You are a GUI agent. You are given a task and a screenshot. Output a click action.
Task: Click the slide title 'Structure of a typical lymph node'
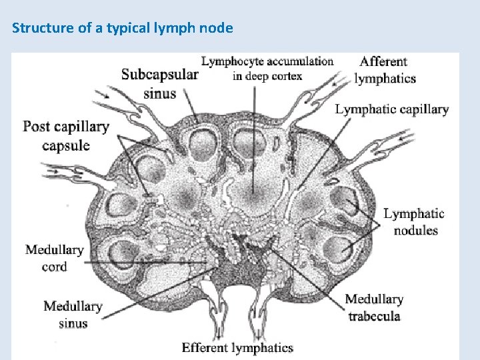(123, 29)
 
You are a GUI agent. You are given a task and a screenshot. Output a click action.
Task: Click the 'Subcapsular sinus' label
(159, 83)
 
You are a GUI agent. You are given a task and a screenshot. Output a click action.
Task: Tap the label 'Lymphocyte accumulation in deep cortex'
(267, 68)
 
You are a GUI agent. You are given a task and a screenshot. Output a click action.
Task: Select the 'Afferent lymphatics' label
(385, 69)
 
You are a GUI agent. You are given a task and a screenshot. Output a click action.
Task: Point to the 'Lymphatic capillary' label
(391, 109)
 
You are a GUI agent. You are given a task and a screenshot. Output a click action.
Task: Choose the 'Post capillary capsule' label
(66, 135)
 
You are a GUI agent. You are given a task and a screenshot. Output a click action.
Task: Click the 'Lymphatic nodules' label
(414, 222)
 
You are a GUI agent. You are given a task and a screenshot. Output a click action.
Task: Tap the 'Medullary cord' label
(54, 258)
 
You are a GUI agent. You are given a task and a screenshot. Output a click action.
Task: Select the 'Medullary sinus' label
(72, 315)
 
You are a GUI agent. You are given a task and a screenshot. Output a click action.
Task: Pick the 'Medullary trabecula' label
(374, 307)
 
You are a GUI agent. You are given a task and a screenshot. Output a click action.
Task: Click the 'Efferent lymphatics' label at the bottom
(237, 347)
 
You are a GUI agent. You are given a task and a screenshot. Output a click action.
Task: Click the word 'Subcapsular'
(159, 75)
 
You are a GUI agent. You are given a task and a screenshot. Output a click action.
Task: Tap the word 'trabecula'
(374, 315)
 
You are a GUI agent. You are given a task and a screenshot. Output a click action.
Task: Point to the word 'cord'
(54, 267)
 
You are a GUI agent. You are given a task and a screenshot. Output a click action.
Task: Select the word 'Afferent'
(383, 61)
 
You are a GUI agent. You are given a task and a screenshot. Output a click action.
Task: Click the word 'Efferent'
(205, 347)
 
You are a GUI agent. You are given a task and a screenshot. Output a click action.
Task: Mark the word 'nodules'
(415, 231)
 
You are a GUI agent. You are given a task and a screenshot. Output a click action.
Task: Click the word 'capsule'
(66, 145)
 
